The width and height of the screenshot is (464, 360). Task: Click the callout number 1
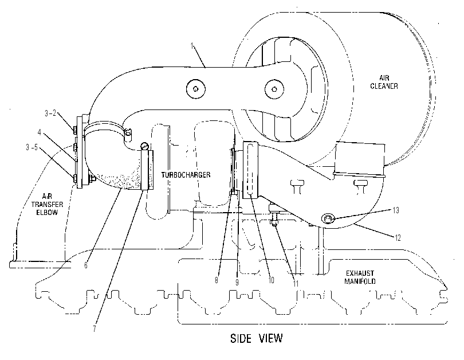coord(192,46)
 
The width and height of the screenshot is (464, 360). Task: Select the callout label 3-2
coord(50,113)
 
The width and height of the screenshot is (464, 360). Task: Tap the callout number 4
coord(40,132)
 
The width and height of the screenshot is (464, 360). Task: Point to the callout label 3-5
coord(32,147)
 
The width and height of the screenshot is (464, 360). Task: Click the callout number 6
coord(86,265)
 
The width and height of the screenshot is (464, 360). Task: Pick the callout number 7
coord(95,329)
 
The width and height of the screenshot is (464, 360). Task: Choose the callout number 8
coord(217,280)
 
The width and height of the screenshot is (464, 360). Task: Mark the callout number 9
coord(237,283)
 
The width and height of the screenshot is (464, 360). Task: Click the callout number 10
coord(271,280)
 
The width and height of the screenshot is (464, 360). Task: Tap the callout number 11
coord(296,284)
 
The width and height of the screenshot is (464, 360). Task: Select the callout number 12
coord(398,238)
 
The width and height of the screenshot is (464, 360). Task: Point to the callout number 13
coord(396,210)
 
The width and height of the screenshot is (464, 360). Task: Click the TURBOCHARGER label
coord(186,175)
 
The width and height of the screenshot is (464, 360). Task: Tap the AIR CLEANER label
coord(384,82)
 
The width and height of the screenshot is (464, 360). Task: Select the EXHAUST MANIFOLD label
coord(360,277)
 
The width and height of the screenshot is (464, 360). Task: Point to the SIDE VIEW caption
coord(256,338)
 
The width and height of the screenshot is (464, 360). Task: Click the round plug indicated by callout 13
coord(328,219)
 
